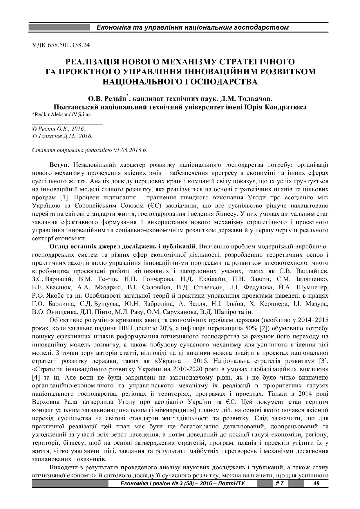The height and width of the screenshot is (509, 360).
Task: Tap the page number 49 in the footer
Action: click(316, 483)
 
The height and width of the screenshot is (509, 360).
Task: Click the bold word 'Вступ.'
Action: click(59, 165)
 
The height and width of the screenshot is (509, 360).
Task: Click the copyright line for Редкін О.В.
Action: click(58, 128)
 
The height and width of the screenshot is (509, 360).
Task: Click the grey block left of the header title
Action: click(59, 28)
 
